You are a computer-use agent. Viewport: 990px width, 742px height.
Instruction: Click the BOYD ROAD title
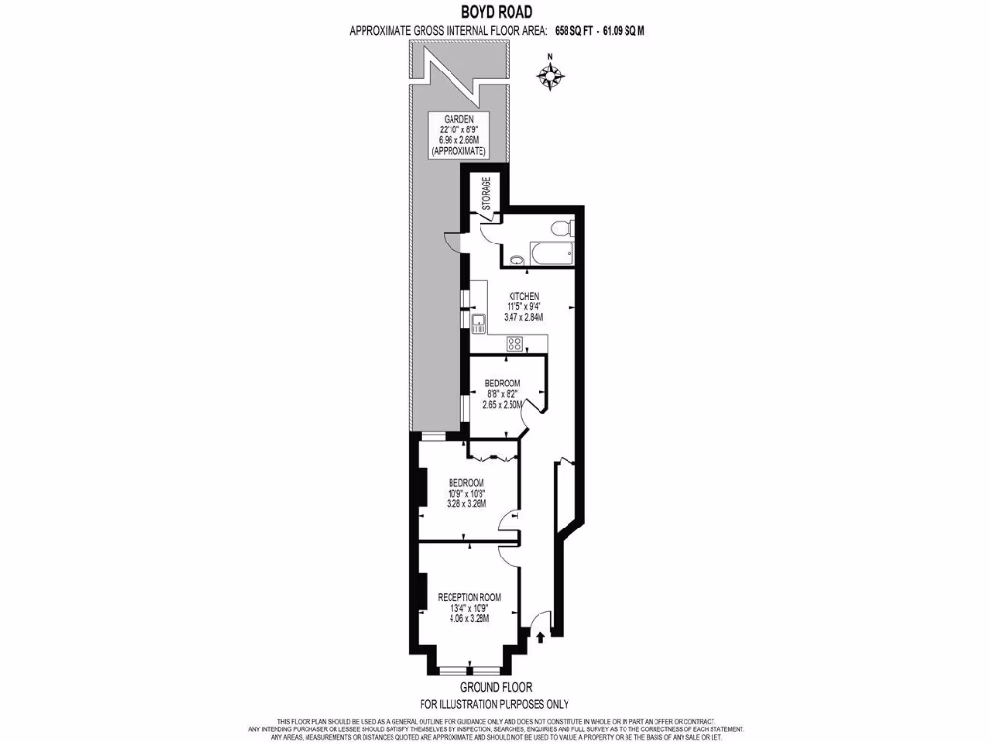click(494, 13)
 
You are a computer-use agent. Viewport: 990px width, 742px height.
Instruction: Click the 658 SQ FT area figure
click(573, 31)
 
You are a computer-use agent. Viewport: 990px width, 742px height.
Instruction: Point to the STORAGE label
click(487, 194)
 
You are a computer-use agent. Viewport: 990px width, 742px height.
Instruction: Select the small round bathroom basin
click(516, 258)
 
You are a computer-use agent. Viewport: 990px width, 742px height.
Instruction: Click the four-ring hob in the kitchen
click(514, 342)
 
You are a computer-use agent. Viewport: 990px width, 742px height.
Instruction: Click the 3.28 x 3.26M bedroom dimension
click(466, 503)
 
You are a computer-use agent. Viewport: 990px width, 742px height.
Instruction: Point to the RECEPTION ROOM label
click(469, 596)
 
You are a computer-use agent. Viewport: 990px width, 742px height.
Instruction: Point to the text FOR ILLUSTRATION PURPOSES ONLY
click(494, 704)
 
